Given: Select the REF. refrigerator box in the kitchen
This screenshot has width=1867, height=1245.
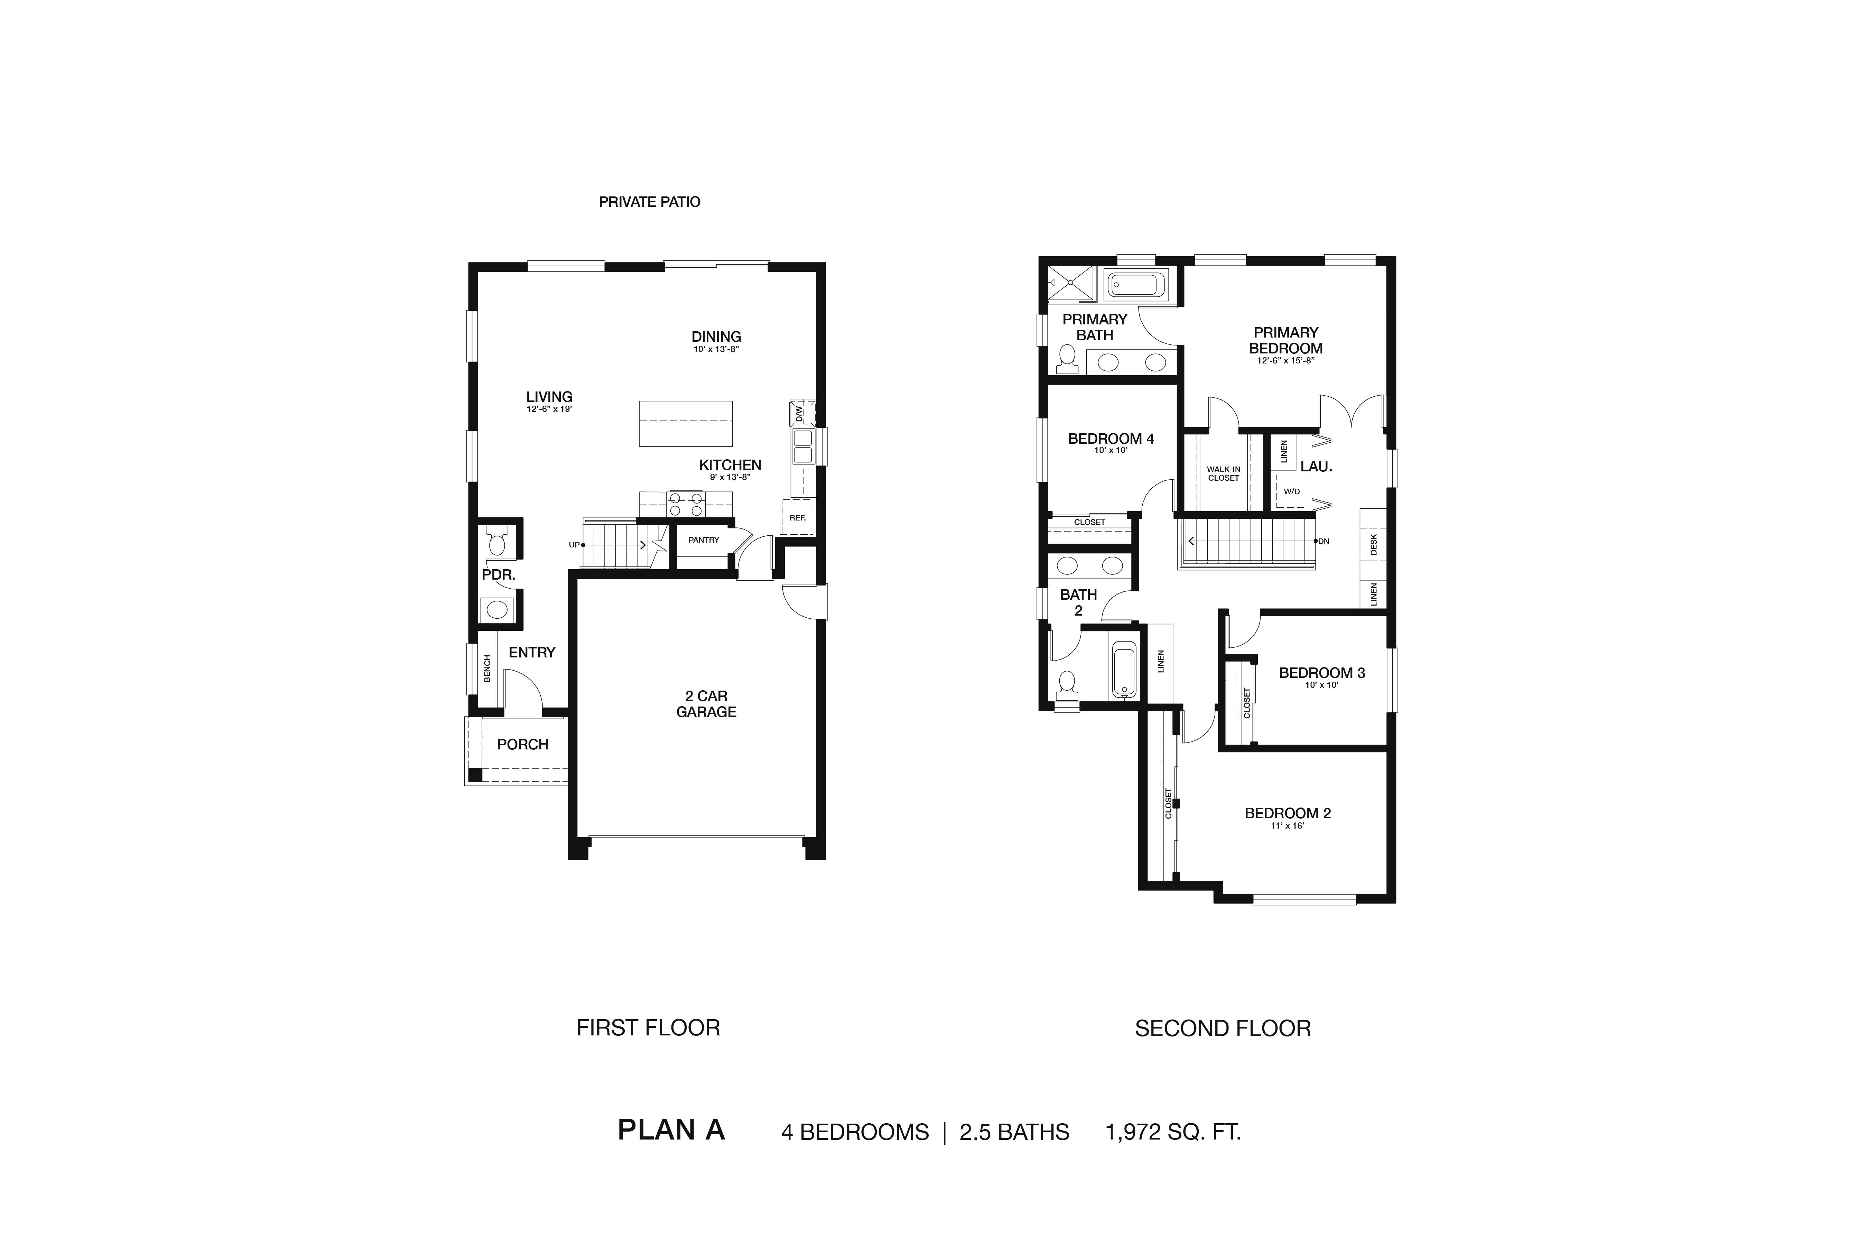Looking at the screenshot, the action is (797, 517).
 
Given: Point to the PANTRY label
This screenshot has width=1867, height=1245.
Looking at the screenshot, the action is (703, 540).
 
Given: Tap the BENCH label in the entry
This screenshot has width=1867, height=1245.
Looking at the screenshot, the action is (487, 668).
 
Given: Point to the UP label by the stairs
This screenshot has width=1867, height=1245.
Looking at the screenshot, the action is (574, 545).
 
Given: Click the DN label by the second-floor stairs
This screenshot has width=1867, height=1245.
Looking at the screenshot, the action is (1323, 542).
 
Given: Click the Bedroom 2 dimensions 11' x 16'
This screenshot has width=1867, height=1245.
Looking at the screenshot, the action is (1288, 826).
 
